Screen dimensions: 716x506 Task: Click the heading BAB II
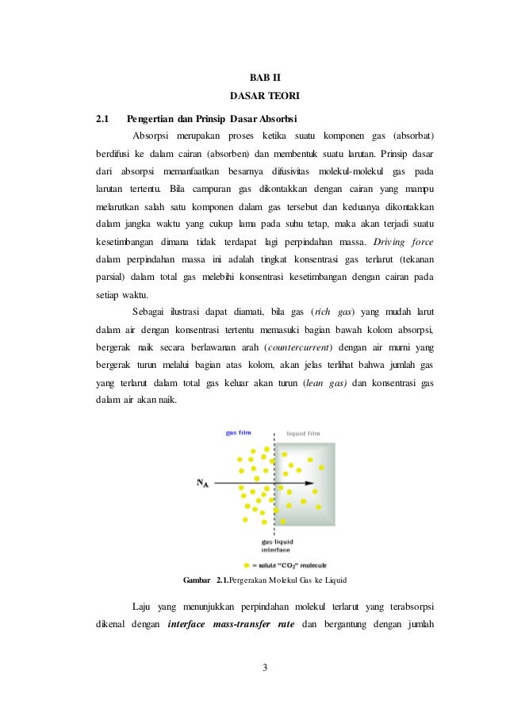[x=254, y=78]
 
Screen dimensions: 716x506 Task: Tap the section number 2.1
[x=102, y=120]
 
